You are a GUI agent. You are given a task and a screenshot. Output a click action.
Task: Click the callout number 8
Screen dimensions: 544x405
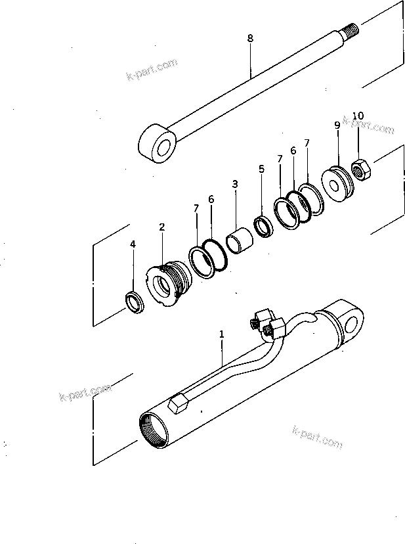[249, 38]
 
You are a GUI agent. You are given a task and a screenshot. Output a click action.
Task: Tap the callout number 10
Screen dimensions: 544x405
[357, 116]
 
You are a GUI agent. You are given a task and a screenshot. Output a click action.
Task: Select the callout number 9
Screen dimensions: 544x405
[337, 125]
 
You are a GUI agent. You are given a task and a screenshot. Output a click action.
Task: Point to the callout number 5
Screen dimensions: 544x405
[261, 169]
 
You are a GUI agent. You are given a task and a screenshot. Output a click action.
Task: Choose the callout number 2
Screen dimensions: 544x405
[161, 227]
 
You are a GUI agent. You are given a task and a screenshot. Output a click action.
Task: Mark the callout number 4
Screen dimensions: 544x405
[133, 244]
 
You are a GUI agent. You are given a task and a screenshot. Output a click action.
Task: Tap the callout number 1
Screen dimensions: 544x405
[222, 334]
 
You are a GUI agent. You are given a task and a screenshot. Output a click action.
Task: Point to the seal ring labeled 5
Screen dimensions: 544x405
[263, 226]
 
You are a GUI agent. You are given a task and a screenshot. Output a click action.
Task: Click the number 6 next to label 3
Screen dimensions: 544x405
[211, 199]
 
